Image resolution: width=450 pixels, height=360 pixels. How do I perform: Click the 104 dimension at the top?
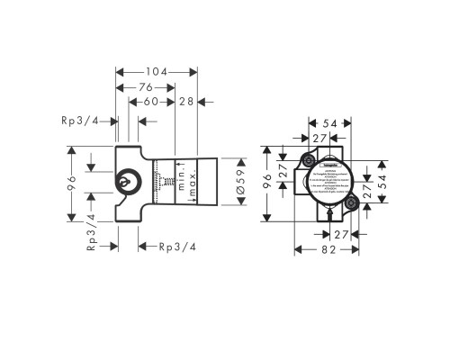coord(157,70)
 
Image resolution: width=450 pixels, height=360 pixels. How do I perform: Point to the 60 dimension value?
coord(153,102)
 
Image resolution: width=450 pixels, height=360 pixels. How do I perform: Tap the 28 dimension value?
coord(188,102)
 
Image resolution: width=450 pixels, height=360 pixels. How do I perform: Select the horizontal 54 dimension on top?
coord(329,122)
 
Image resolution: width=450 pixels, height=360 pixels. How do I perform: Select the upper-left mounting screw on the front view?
coord(308,161)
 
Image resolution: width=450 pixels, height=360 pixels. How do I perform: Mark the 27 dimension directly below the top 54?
coord(319,137)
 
